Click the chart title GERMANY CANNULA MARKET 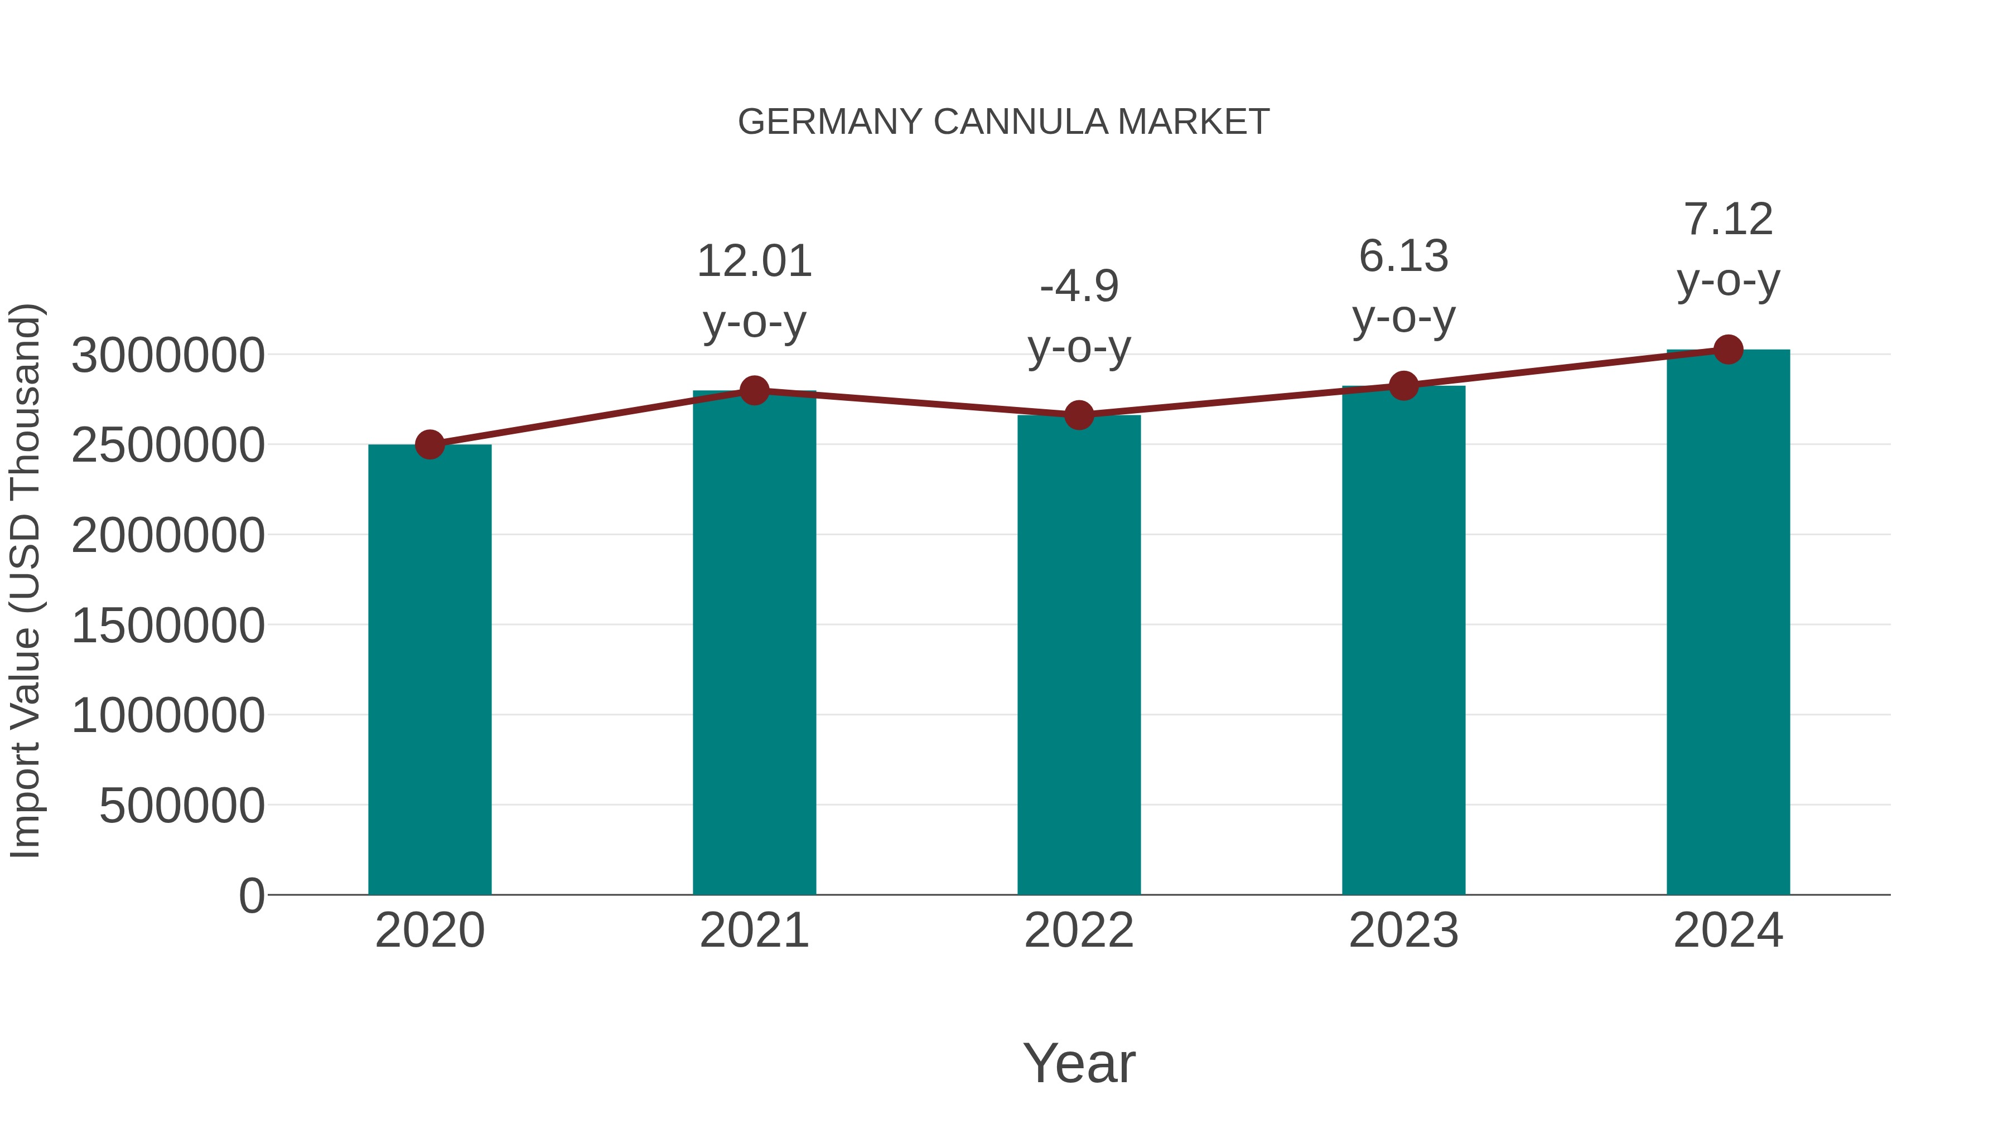[1003, 122]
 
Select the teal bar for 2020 [429, 670]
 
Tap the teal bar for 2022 [1079, 655]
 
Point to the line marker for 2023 [1403, 386]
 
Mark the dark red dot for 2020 [429, 445]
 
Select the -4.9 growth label [1079, 286]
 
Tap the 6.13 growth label [1403, 256]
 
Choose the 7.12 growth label [1728, 219]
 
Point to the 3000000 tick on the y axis [167, 356]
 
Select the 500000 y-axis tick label [182, 806]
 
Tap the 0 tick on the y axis [252, 895]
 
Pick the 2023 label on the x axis [1403, 931]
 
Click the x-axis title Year [1079, 1063]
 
